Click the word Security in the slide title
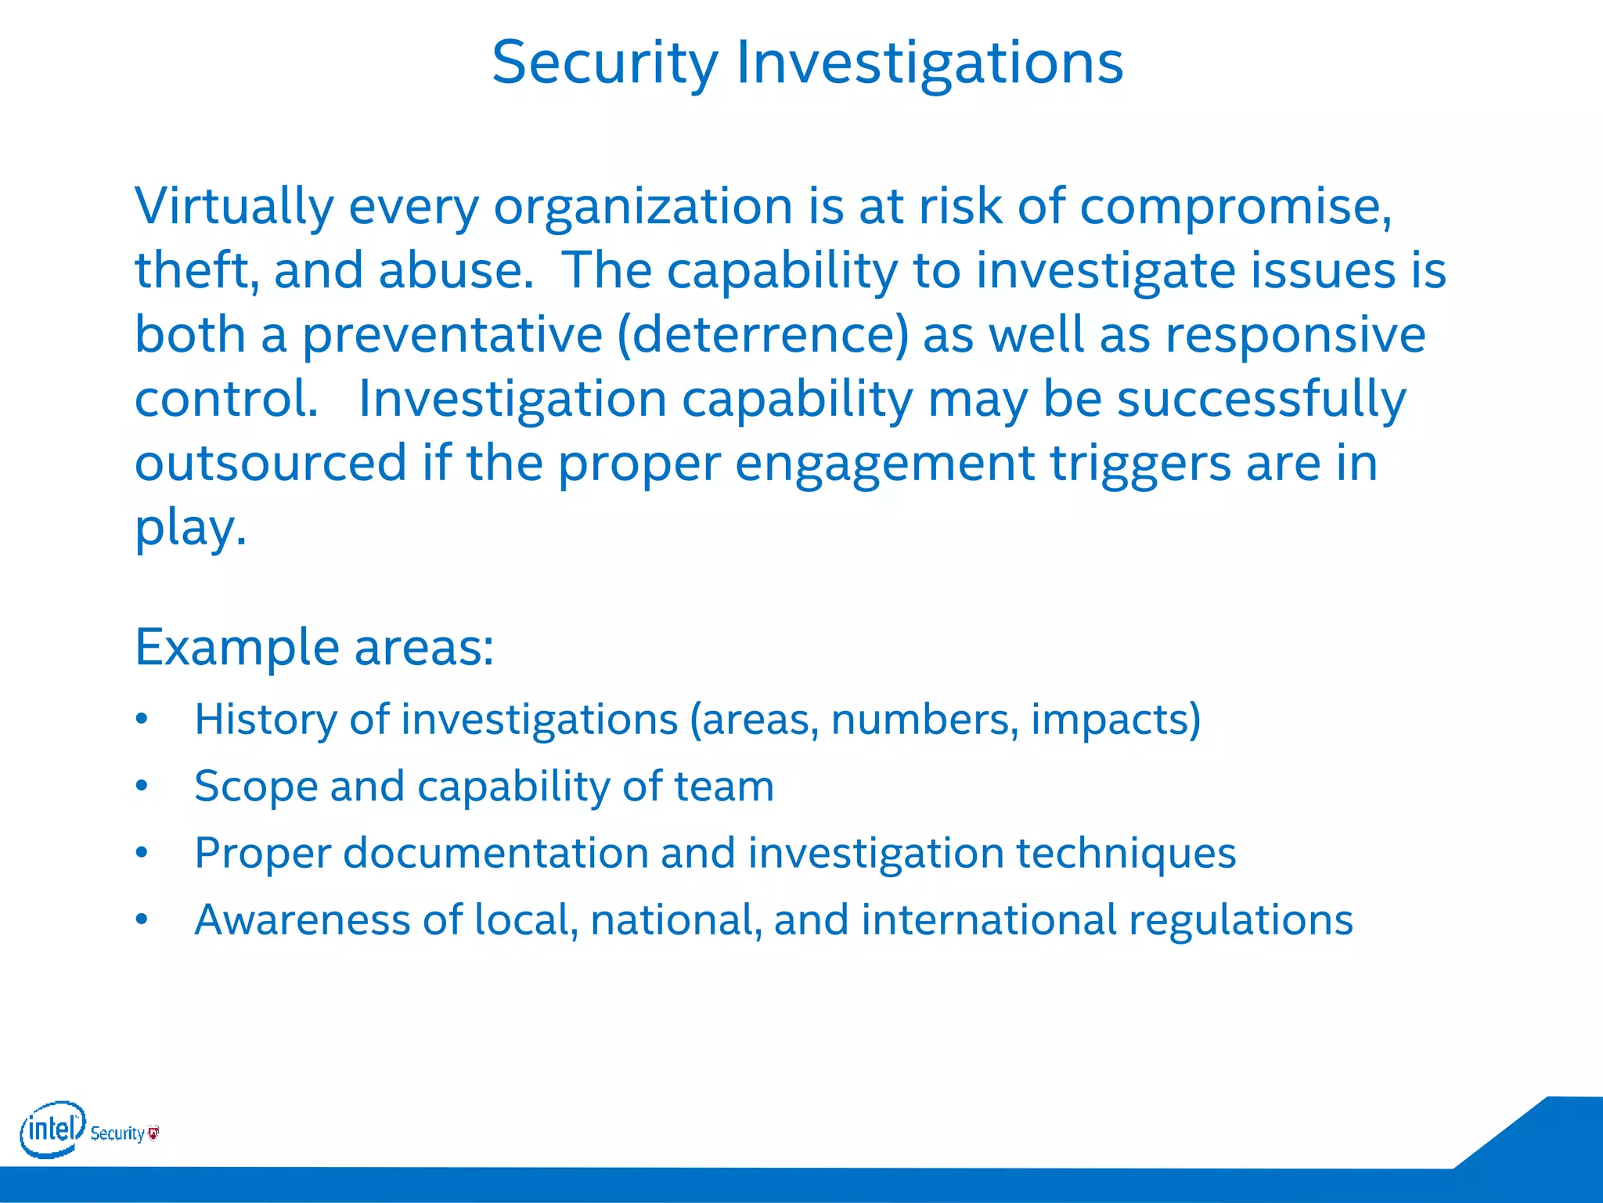click(x=604, y=63)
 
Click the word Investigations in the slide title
click(x=930, y=63)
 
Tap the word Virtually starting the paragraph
click(x=233, y=207)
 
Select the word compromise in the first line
click(x=1235, y=207)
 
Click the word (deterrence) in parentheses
click(x=763, y=335)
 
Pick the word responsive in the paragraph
click(x=1295, y=335)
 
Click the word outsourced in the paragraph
click(x=271, y=463)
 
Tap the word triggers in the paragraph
click(x=1140, y=463)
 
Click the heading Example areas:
click(x=314, y=647)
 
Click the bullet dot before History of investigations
click(x=141, y=719)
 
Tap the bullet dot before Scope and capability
click(x=141, y=786)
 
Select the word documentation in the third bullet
click(x=495, y=852)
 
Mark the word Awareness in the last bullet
click(x=302, y=919)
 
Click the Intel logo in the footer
click(x=52, y=1129)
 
